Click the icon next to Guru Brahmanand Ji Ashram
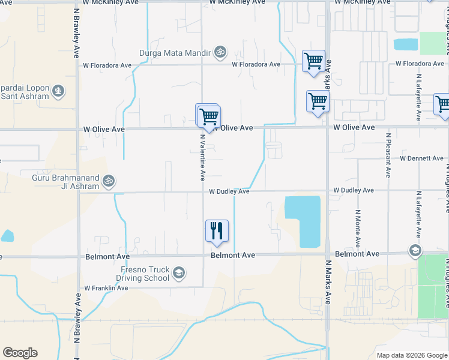(109, 179)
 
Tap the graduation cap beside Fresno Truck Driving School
(178, 274)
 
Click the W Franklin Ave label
(106, 288)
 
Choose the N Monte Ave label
(357, 228)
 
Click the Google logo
(20, 353)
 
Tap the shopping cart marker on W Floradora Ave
(313, 61)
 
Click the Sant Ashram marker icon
(58, 91)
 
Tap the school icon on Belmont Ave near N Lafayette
(414, 250)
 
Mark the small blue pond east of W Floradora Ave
(406, 44)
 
